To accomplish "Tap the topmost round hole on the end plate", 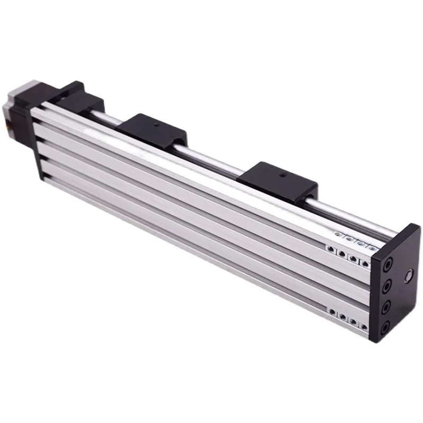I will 389,262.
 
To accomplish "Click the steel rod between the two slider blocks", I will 212,159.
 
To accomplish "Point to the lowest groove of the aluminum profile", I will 212,254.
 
